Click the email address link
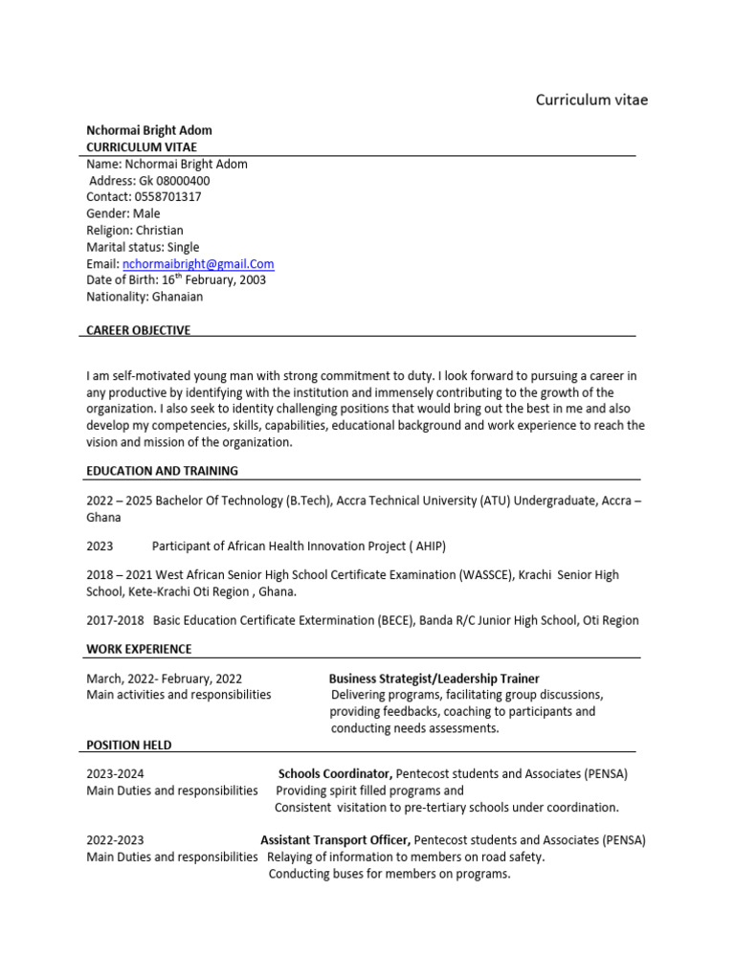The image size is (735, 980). click(x=198, y=264)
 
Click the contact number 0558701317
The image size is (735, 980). click(x=167, y=197)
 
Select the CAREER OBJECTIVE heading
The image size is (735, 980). click(x=138, y=330)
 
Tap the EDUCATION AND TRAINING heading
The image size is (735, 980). click(x=162, y=471)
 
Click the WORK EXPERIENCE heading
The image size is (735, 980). click(x=139, y=649)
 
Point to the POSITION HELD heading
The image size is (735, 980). click(x=129, y=745)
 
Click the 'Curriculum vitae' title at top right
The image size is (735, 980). click(x=590, y=100)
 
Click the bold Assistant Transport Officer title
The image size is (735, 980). click(x=335, y=840)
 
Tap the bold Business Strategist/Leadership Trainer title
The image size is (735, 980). click(x=434, y=679)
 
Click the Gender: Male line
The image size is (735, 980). click(x=123, y=213)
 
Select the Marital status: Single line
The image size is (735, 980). click(x=143, y=247)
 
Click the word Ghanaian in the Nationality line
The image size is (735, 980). click(x=177, y=297)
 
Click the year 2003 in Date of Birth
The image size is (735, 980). click(x=251, y=280)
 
